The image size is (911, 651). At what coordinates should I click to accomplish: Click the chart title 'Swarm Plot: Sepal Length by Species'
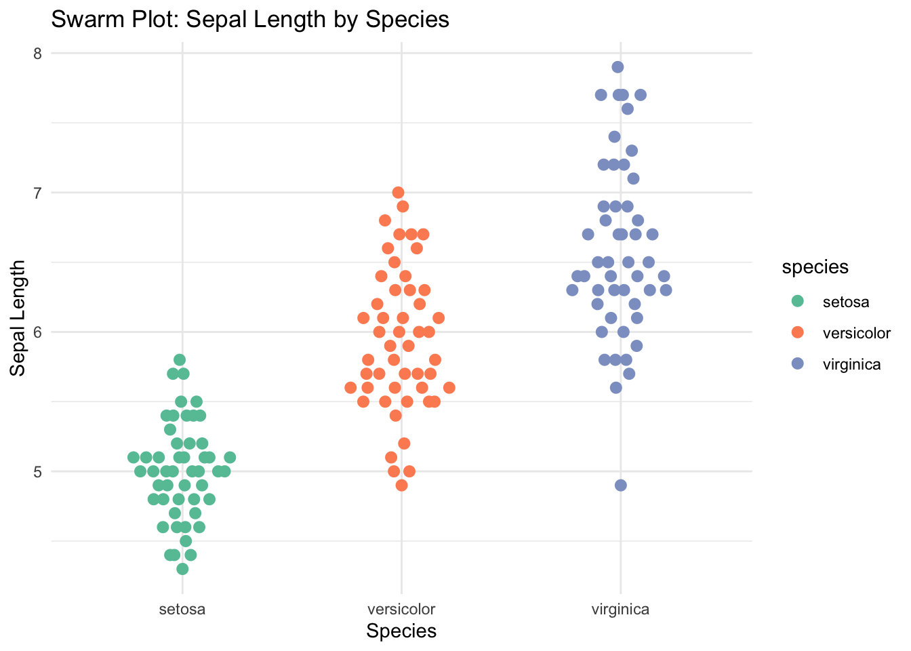tap(250, 19)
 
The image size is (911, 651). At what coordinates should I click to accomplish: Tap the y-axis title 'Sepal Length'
tap(18, 318)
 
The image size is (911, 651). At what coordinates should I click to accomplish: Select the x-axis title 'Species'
tap(401, 631)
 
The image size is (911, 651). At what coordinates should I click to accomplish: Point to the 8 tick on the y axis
tap(37, 54)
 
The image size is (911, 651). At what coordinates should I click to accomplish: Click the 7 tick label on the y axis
tap(37, 193)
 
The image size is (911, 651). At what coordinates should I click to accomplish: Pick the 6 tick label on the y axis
tap(37, 332)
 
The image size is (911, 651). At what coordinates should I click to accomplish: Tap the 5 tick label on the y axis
tap(37, 472)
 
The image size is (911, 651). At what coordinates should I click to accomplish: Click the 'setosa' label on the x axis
tap(182, 610)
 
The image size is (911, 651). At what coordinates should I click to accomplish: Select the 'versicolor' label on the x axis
tap(401, 610)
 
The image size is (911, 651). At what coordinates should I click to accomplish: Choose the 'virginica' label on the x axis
tap(621, 610)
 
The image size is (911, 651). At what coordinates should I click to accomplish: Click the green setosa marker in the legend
tap(798, 301)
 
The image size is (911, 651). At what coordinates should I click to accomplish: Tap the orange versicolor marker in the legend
tap(798, 332)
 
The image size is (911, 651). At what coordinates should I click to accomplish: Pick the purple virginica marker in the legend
tap(798, 363)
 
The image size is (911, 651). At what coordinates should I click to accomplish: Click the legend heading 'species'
tap(815, 268)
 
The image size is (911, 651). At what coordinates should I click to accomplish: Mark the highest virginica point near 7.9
tap(618, 67)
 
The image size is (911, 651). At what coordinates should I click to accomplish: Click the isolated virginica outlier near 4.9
tap(621, 486)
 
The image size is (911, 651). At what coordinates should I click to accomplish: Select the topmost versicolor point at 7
tap(398, 193)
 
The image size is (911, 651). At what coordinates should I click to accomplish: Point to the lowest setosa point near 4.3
tap(182, 569)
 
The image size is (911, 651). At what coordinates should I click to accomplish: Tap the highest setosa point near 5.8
tap(180, 359)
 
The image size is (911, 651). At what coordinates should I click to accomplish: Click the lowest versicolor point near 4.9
tap(401, 486)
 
